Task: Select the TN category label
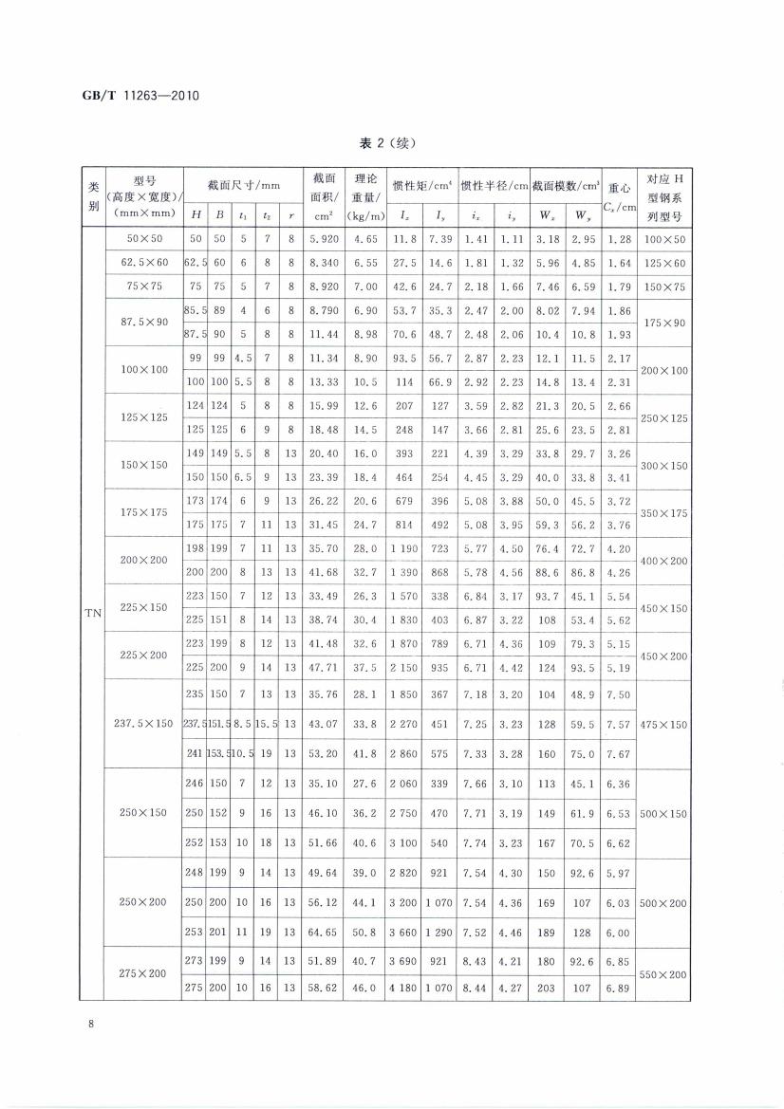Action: (93, 614)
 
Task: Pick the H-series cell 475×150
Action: (664, 724)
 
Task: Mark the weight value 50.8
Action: (361, 933)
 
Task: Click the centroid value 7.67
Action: (619, 754)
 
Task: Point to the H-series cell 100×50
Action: (664, 239)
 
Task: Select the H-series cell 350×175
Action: (664, 512)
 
